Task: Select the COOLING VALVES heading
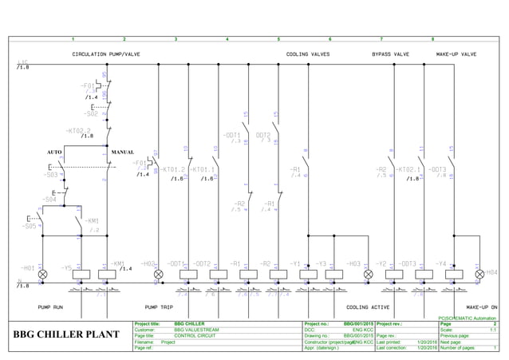308,54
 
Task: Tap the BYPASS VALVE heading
390,54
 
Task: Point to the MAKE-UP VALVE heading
456,54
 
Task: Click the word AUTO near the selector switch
54,152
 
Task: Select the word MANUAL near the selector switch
122,152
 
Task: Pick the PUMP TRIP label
160,307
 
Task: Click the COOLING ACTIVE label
368,307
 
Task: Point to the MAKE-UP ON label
482,307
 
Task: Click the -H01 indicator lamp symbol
43,274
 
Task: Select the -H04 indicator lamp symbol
479,274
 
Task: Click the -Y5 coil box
81,274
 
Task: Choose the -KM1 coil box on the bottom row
107,274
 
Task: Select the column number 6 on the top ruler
329,39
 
